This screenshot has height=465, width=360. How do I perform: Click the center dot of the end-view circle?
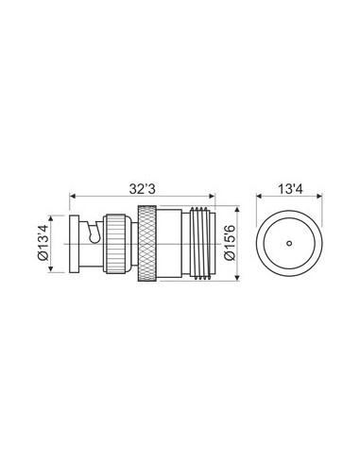290,243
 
